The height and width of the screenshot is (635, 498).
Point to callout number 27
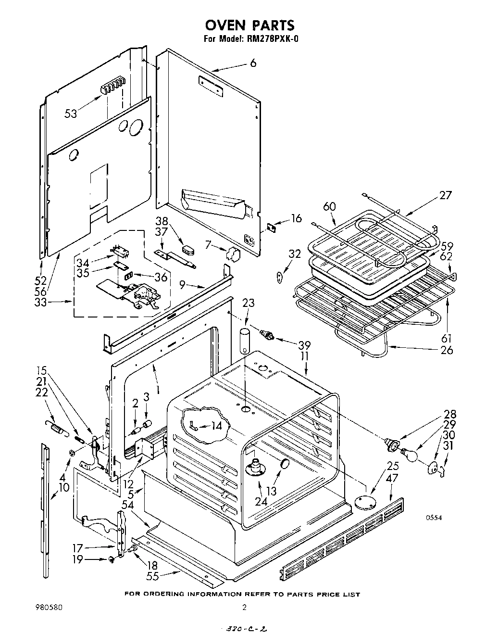click(x=445, y=195)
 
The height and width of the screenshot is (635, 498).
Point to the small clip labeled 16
click(x=272, y=226)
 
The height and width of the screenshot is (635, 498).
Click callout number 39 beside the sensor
click(x=304, y=345)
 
